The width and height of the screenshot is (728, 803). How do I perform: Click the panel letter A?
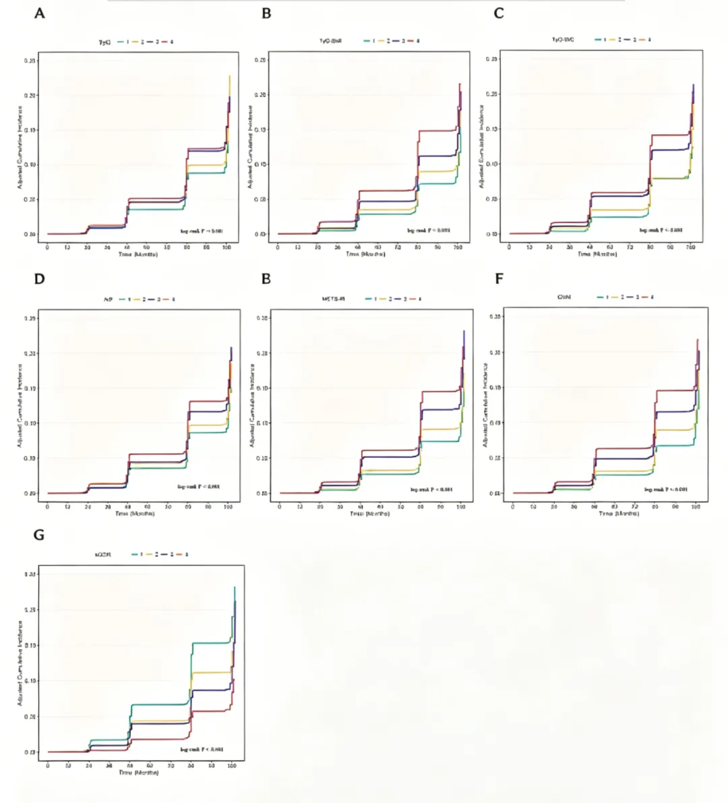point(40,13)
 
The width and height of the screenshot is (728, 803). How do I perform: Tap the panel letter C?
point(499,13)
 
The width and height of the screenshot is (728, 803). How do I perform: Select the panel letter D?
point(39,278)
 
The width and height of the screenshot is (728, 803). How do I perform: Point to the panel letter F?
point(499,278)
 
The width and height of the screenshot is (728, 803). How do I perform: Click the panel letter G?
point(39,535)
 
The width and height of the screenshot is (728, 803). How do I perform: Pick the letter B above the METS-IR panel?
point(266,278)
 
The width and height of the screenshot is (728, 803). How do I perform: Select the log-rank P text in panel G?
point(202,749)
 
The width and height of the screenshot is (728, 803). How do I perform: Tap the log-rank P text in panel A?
point(201,231)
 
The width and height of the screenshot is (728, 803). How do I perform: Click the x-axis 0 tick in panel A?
point(47,248)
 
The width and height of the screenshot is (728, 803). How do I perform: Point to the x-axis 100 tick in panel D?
point(227,506)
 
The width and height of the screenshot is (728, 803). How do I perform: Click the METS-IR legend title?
point(334,298)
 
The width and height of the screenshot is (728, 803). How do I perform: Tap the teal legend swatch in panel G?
point(134,554)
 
